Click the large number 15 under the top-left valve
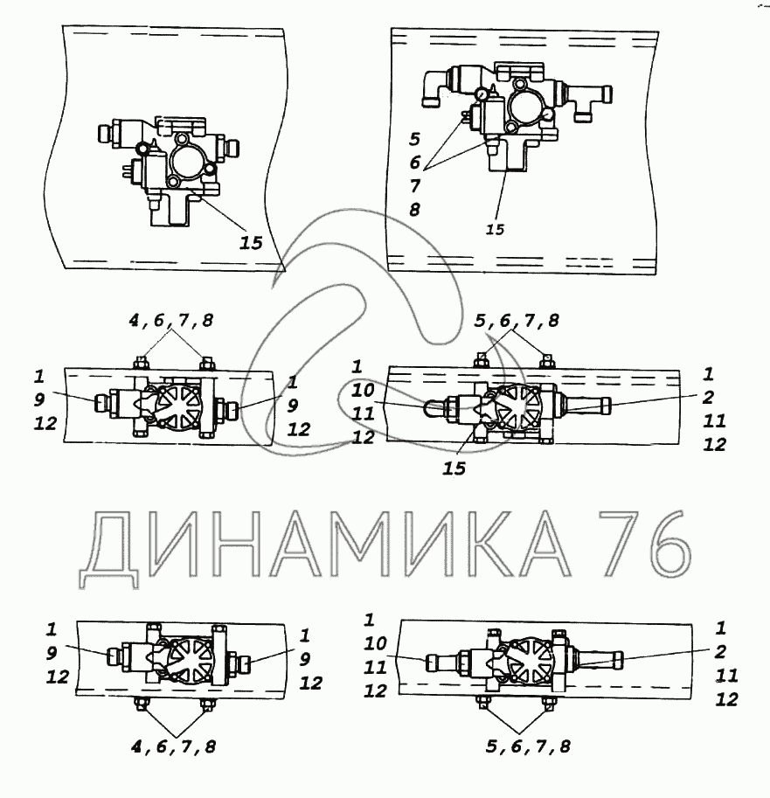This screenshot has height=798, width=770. [251, 243]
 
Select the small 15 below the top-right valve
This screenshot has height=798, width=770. [494, 230]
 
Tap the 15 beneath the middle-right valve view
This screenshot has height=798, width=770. [454, 468]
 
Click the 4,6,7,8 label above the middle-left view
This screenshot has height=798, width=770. [171, 321]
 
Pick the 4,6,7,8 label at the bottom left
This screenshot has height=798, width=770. [174, 746]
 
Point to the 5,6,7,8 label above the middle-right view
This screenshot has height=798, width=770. [517, 321]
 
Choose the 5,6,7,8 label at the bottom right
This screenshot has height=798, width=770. [528, 746]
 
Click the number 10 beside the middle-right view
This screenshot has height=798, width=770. [363, 391]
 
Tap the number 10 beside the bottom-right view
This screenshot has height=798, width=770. [375, 644]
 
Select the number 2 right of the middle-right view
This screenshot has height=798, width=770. [708, 398]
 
